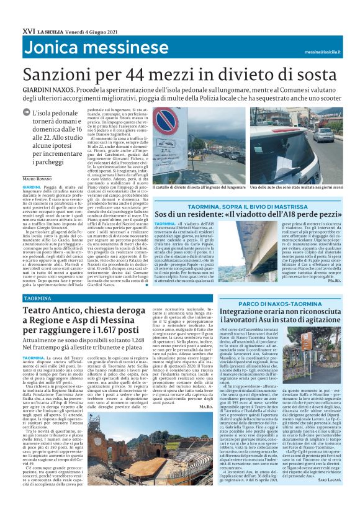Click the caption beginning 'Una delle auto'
coord(292,187)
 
